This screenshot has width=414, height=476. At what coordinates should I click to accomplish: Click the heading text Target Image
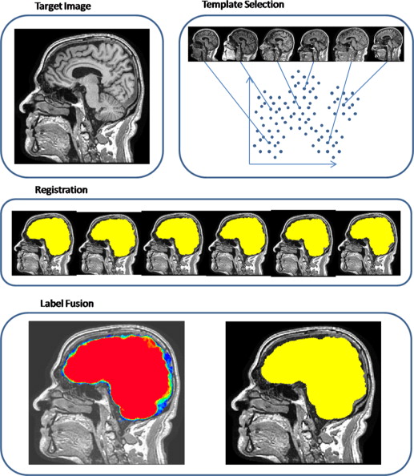pyautogui.click(x=62, y=6)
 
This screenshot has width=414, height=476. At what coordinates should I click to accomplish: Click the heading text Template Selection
pyautogui.click(x=243, y=5)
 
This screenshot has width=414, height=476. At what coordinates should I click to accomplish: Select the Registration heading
pyautogui.click(x=62, y=190)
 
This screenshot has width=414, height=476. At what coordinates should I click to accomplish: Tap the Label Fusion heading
pyautogui.click(x=66, y=303)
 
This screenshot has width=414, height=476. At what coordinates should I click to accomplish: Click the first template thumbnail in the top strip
pyautogui.click(x=205, y=44)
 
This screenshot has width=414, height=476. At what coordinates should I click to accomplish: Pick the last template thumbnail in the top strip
pyautogui.click(x=388, y=44)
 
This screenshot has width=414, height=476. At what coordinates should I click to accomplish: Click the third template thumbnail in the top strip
pyautogui.click(x=278, y=44)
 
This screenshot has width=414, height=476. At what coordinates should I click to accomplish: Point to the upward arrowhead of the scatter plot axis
pyautogui.click(x=250, y=79)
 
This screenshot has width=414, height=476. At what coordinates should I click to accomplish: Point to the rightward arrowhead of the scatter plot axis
pyautogui.click(x=333, y=164)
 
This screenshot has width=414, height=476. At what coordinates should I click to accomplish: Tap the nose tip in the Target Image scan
pyautogui.click(x=22, y=108)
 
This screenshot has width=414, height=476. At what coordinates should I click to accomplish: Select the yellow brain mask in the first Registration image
pyautogui.click(x=50, y=235)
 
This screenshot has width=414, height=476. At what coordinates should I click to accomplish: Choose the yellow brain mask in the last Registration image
pyautogui.click(x=373, y=235)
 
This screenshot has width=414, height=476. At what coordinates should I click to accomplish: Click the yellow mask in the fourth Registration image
pyautogui.click(x=243, y=235)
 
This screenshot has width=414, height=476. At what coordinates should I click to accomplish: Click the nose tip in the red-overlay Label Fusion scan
pyautogui.click(x=36, y=405)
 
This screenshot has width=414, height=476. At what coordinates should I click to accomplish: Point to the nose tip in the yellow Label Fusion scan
pyautogui.click(x=234, y=405)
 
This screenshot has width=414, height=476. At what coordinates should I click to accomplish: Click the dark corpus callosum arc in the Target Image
pyautogui.click(x=86, y=72)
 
